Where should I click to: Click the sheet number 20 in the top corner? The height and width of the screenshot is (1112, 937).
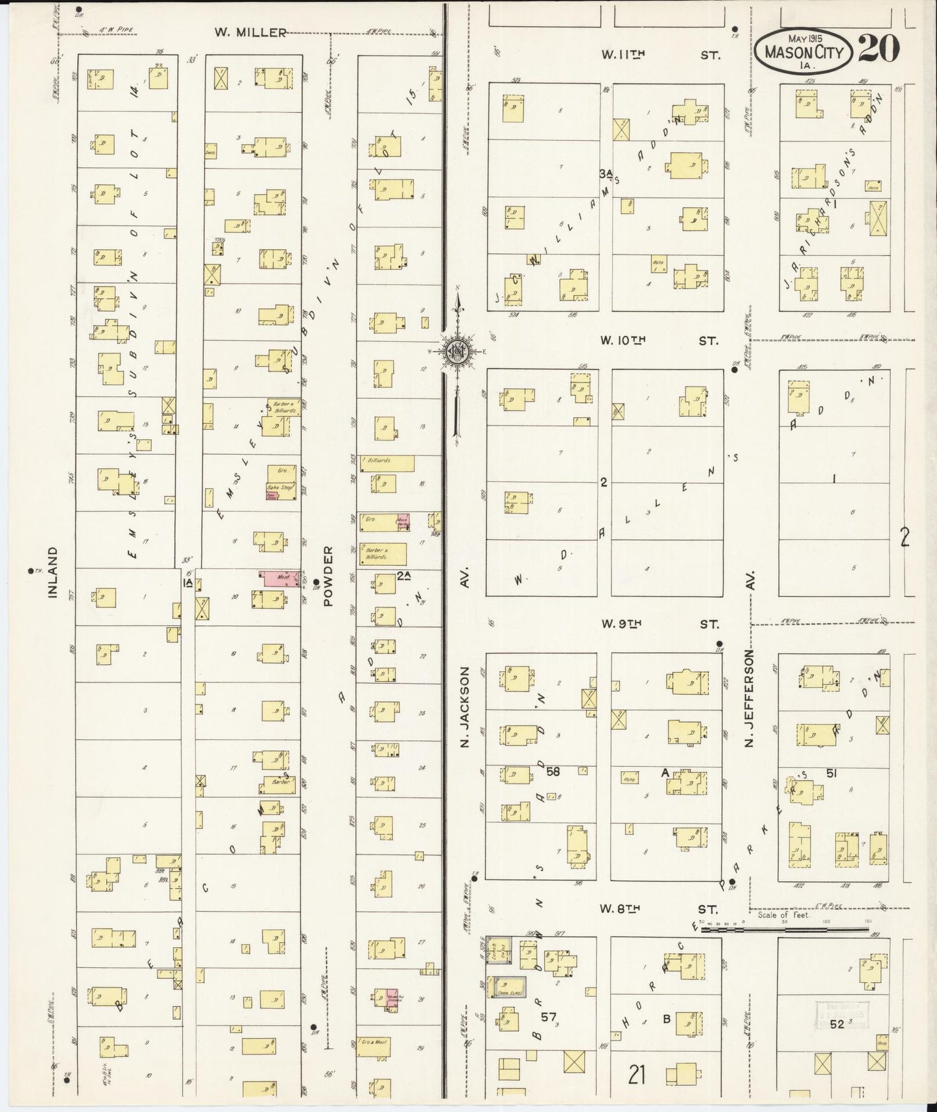tap(879, 48)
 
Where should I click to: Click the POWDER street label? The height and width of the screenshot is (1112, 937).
tap(328, 576)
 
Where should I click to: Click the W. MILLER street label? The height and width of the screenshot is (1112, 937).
tap(250, 32)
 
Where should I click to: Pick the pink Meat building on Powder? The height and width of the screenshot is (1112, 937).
tap(279, 576)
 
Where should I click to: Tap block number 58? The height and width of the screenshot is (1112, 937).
tap(552, 771)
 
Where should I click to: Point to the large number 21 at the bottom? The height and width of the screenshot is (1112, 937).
tap(637, 1075)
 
